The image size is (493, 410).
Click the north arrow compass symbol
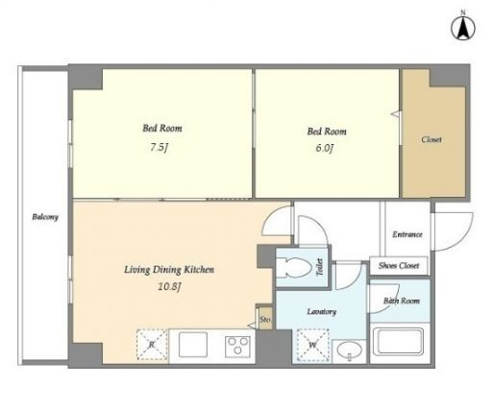[x=463, y=28]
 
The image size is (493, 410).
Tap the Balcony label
[x=45, y=217]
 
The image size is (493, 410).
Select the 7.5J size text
[x=160, y=147]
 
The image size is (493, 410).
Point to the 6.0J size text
[x=325, y=148]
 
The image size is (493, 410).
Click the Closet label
[x=431, y=139]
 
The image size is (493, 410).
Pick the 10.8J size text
[x=169, y=286]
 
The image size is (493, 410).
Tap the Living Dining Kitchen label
[x=169, y=270]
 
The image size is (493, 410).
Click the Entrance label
[x=407, y=234]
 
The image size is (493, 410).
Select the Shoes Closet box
[x=399, y=266]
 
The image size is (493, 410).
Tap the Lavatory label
[x=322, y=311]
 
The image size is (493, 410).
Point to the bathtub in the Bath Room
[x=401, y=342]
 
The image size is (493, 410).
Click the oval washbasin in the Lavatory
[x=350, y=350]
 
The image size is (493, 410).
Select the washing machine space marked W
[x=313, y=346]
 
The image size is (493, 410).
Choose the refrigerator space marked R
[x=152, y=345]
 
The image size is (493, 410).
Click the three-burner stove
[x=237, y=347]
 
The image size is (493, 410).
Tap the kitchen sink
[x=193, y=345]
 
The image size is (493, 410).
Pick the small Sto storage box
[x=265, y=319]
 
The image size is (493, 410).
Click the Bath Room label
[x=402, y=301]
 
